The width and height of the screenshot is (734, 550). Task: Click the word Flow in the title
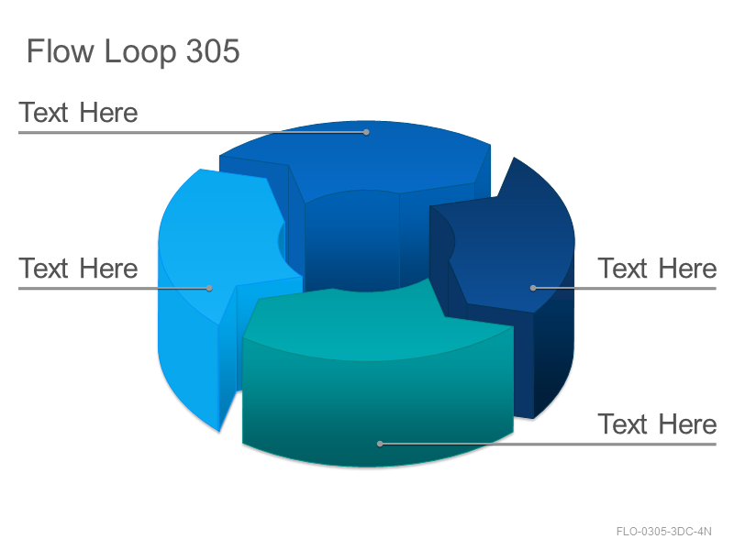(x=61, y=50)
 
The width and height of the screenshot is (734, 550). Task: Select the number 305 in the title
(x=213, y=50)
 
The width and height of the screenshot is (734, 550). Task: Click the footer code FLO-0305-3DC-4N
(x=663, y=532)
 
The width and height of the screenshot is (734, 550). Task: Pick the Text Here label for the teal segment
(x=657, y=424)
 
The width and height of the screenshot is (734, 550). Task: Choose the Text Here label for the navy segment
(x=657, y=269)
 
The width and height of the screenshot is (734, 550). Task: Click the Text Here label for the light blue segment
(x=78, y=269)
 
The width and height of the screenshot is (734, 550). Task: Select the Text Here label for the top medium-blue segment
(x=78, y=113)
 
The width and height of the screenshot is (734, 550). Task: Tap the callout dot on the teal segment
(x=380, y=444)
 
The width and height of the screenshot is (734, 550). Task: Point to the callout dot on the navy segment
(x=533, y=288)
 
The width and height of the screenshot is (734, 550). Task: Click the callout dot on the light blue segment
(x=209, y=288)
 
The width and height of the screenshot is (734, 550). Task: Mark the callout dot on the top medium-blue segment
(x=366, y=132)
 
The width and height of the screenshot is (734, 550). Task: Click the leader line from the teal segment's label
(x=548, y=444)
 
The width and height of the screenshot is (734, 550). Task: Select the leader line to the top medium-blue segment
(x=193, y=132)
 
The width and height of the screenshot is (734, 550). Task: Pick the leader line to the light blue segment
(x=114, y=288)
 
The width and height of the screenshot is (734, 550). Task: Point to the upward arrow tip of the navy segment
(x=514, y=158)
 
